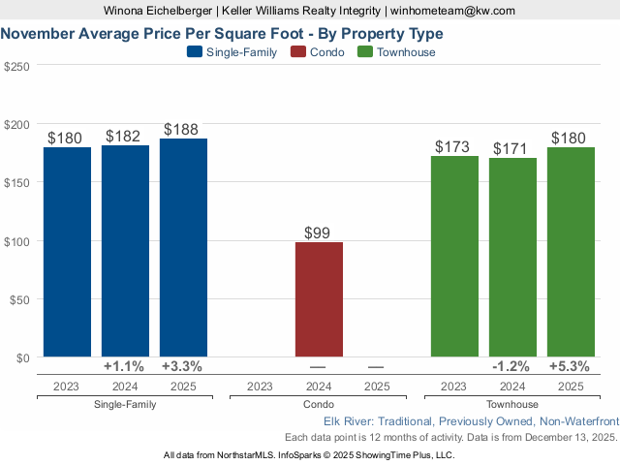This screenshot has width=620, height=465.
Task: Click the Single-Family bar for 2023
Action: (67, 252)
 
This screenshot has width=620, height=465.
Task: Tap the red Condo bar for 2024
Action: (319, 299)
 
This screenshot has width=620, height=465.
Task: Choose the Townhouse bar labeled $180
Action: (571, 252)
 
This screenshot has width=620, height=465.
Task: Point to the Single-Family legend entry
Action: (232, 52)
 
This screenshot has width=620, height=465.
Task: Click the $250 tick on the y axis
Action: (17, 66)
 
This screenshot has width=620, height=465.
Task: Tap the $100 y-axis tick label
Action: (17, 241)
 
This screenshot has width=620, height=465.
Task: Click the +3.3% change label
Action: (182, 367)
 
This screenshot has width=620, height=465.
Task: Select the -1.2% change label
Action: (511, 367)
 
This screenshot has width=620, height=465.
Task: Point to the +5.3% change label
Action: (570, 367)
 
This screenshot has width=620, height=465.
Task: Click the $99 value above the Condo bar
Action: (319, 232)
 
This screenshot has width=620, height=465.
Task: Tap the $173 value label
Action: (453, 147)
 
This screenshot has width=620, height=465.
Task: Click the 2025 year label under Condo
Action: (377, 387)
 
